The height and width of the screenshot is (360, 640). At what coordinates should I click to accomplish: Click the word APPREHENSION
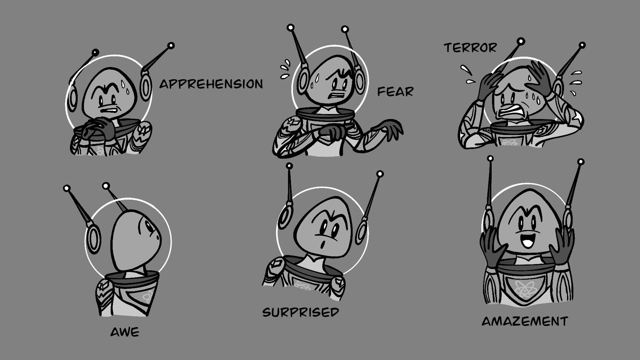pos(211,84)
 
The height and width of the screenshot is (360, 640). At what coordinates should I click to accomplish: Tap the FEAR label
pos(395,92)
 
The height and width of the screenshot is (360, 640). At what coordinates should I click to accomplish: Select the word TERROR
pos(470,48)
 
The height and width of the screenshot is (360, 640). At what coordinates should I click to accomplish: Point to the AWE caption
pos(125,332)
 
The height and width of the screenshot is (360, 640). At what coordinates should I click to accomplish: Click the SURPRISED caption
pos(301,312)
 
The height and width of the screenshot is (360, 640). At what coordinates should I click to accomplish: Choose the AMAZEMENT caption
pos(525,322)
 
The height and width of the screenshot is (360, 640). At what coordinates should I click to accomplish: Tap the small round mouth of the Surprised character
pos(322,245)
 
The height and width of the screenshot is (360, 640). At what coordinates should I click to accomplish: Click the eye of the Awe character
pos(149,226)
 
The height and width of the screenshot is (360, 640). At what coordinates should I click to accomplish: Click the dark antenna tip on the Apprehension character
pos(95,53)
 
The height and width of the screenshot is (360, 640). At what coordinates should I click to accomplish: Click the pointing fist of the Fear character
pos(333,132)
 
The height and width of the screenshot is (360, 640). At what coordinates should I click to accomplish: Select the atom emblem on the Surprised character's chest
pos(302,285)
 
